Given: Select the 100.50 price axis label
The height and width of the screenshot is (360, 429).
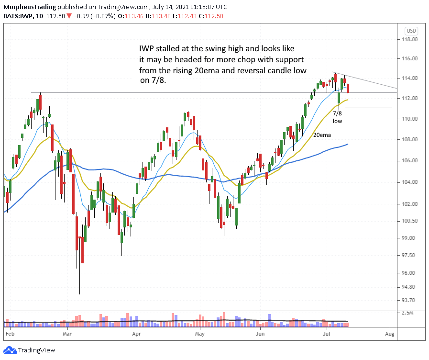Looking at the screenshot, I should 409,221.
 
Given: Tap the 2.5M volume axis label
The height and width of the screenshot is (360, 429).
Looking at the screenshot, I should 407,312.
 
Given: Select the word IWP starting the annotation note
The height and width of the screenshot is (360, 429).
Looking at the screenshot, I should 144,49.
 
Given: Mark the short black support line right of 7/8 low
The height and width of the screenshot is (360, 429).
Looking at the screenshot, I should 368,108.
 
